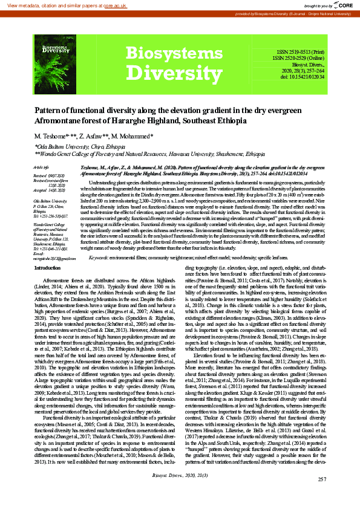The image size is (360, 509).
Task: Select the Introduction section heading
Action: tap(51, 268)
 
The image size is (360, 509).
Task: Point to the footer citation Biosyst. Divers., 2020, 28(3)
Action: tap(180, 493)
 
